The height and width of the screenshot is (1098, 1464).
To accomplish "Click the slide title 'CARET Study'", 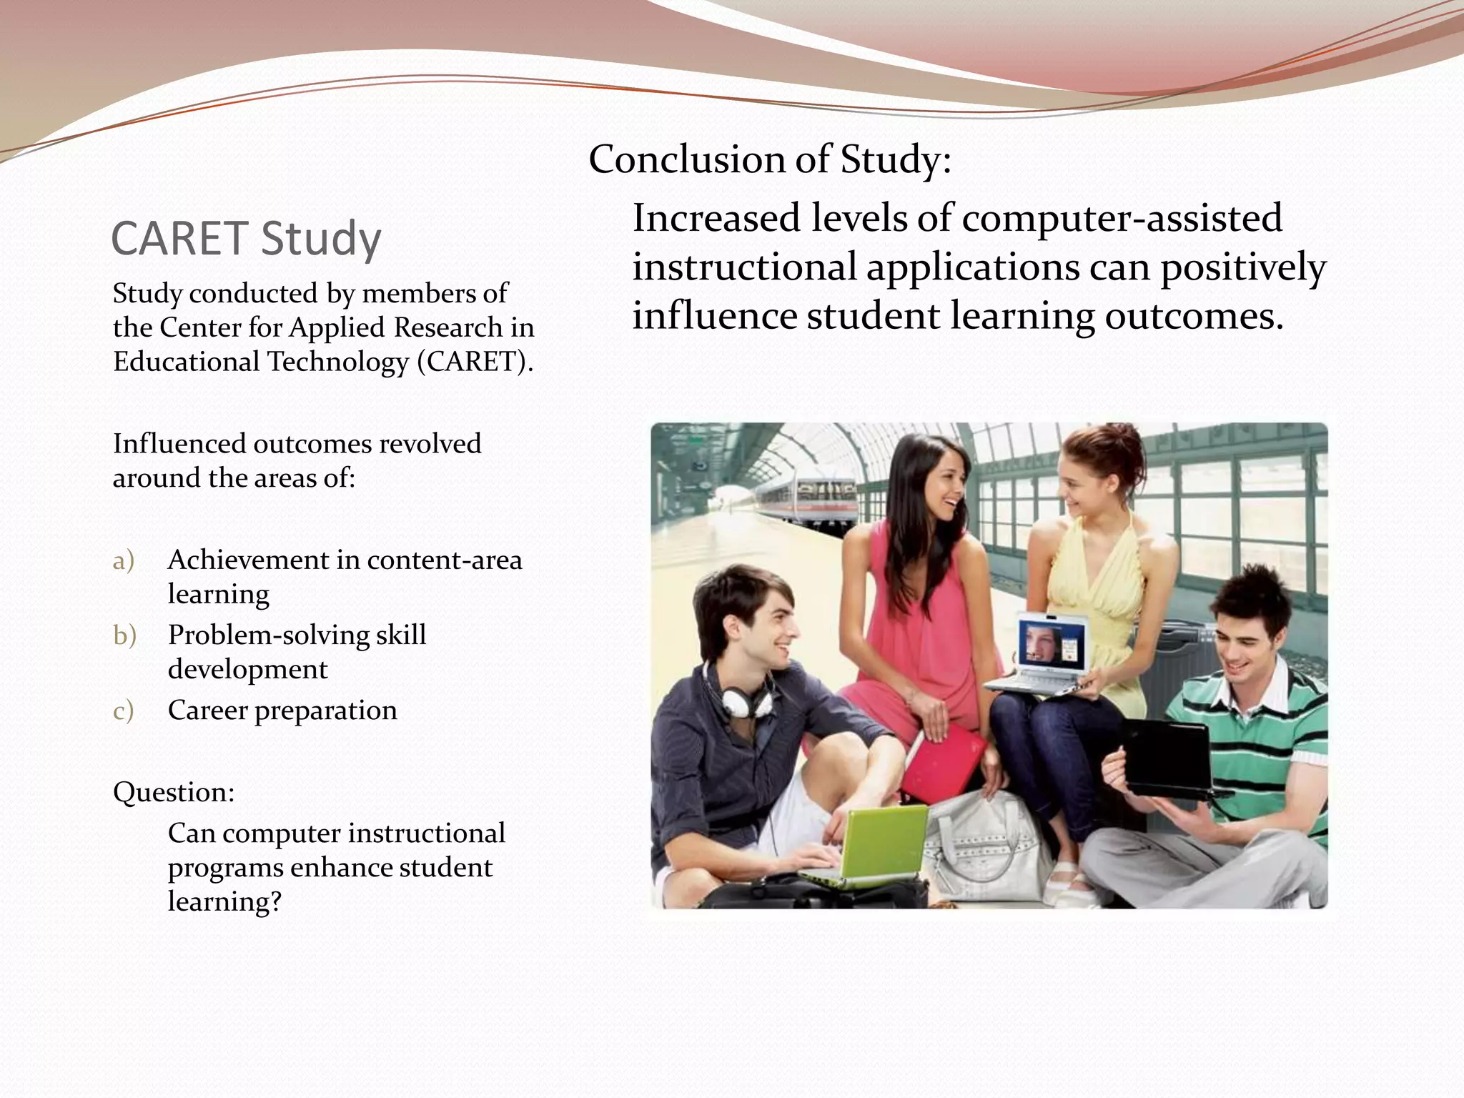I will [246, 238].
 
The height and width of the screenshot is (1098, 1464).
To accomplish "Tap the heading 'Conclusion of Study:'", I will [770, 159].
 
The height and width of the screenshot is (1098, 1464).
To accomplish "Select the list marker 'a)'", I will [123, 561].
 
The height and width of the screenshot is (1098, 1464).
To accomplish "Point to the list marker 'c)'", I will [123, 711].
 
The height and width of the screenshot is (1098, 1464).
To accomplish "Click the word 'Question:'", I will [174, 792].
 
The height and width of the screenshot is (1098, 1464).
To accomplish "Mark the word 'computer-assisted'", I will [1122, 218].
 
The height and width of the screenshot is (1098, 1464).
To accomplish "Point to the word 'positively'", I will [1243, 268].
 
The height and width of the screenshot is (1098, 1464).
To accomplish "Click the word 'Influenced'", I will [179, 444].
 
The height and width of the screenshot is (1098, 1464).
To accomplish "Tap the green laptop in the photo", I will [872, 844].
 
